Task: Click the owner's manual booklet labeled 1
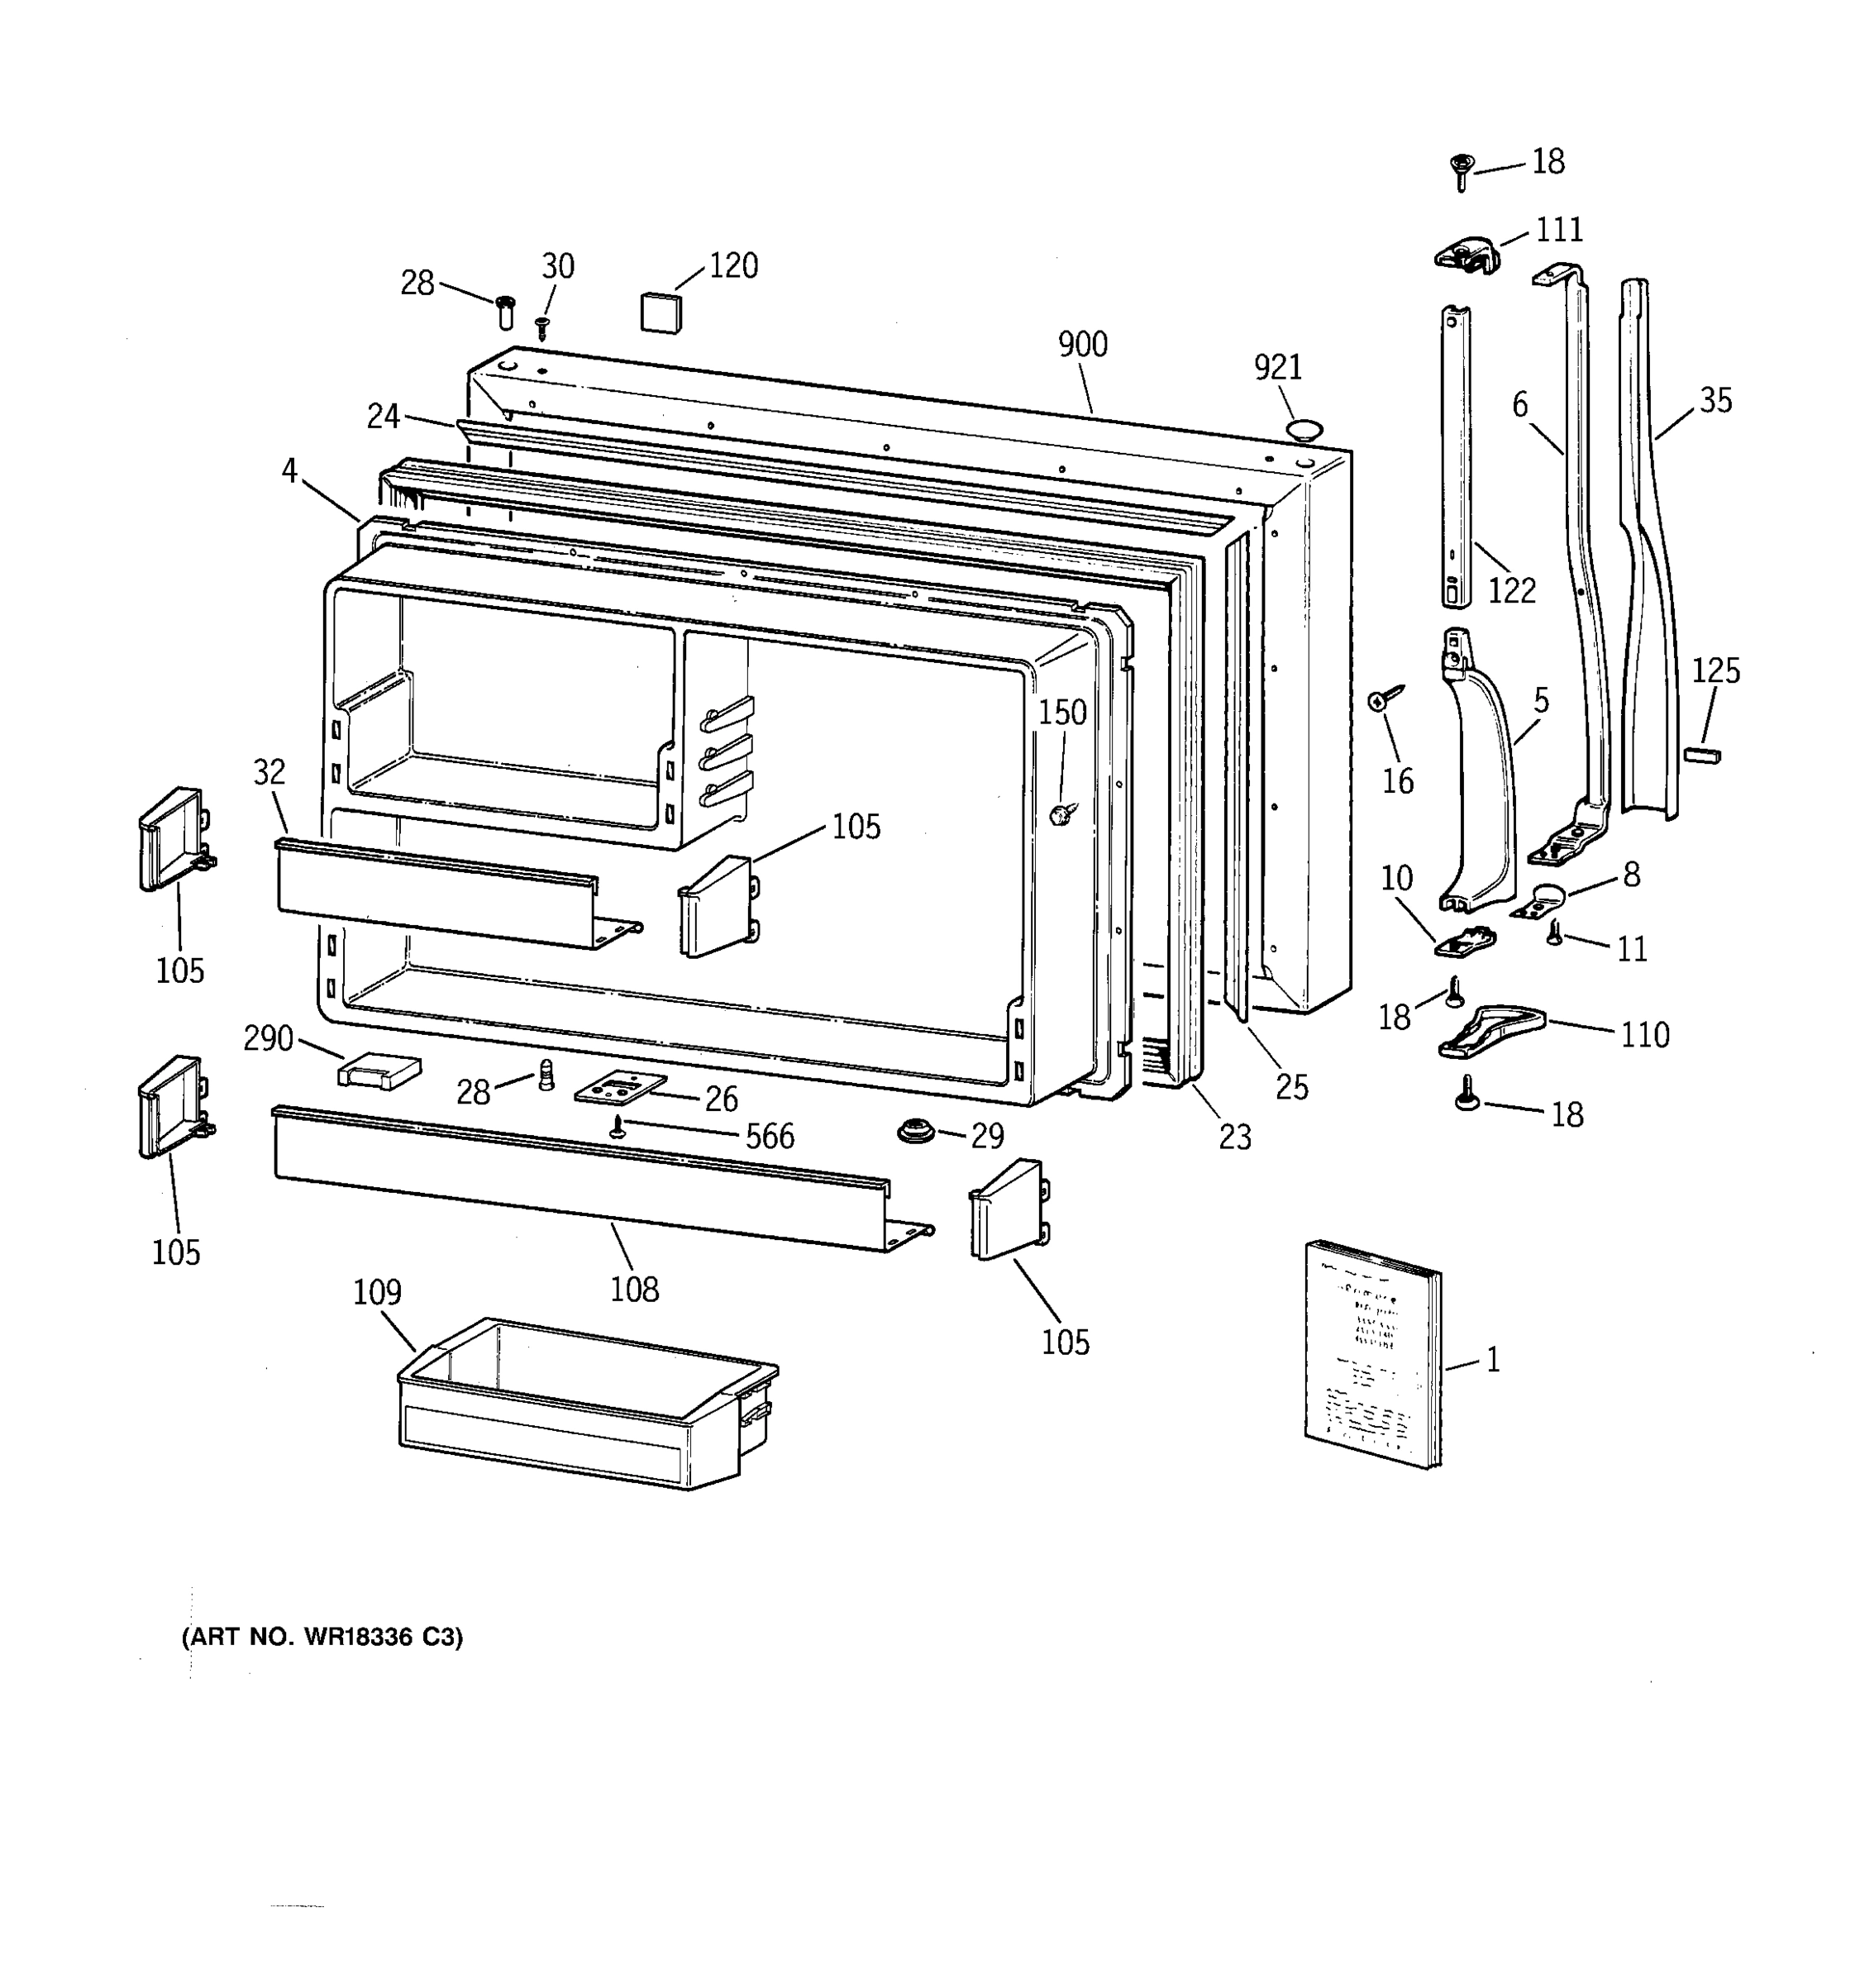tap(1372, 1353)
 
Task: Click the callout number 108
tap(635, 1290)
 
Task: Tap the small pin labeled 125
tap(1701, 755)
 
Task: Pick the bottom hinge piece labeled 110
tap(1490, 1032)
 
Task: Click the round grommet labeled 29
tap(916, 1132)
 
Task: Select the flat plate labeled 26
tap(621, 1087)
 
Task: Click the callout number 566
tap(770, 1136)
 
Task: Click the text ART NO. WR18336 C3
tap(322, 1637)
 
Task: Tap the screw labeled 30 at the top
tap(543, 327)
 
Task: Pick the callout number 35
tap(1715, 400)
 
